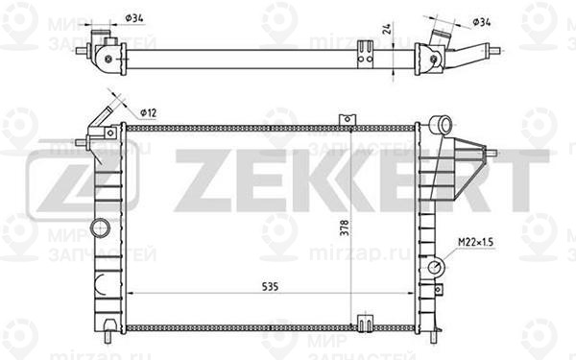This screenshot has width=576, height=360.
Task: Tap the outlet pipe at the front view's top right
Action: (x=441, y=125)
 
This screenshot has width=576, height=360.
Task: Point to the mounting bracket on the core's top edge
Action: (x=341, y=119)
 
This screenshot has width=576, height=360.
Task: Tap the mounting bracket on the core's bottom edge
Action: (x=364, y=323)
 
